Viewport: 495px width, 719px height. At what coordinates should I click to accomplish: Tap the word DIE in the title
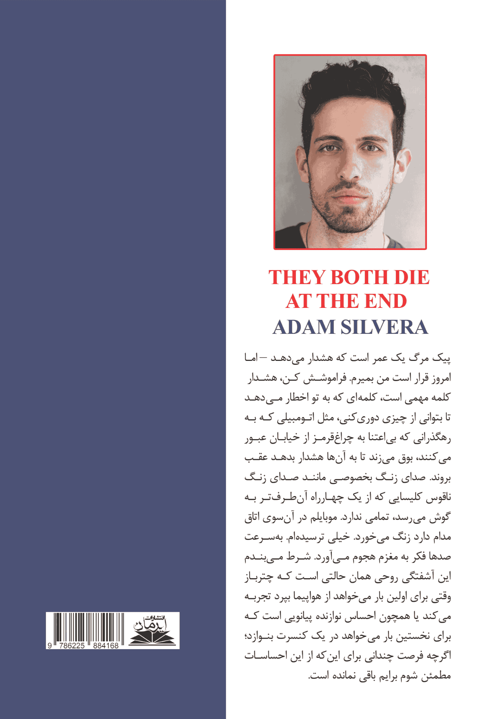[412, 278]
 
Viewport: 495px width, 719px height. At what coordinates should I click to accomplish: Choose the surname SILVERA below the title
[384, 327]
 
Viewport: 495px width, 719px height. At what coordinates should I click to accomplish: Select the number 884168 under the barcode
[106, 646]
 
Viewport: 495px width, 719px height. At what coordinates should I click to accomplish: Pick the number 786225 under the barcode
[72, 646]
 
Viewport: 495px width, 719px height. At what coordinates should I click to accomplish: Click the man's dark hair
[351, 91]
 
